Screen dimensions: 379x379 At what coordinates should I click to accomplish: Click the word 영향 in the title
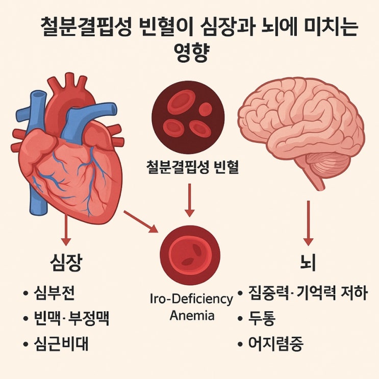pos(191,52)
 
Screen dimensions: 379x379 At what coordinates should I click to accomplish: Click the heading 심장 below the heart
pos(66,263)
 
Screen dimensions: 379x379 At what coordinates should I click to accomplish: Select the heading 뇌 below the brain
pos(308,263)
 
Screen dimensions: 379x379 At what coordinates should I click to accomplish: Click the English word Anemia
pos(192,315)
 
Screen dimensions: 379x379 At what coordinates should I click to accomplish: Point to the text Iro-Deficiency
pos(191,299)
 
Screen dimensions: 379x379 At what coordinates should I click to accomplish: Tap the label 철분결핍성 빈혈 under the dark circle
pos(192,167)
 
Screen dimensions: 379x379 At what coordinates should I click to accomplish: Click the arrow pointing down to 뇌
pos(309,223)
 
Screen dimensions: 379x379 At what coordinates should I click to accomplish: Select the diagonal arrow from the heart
pos(141,222)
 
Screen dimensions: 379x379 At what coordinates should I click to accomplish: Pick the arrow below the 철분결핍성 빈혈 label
pos(190,200)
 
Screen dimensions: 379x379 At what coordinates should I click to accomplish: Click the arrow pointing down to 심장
pos(66,230)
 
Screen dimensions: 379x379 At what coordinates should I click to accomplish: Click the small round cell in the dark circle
pos(205,109)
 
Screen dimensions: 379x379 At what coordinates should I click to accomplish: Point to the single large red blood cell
pos(190,256)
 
